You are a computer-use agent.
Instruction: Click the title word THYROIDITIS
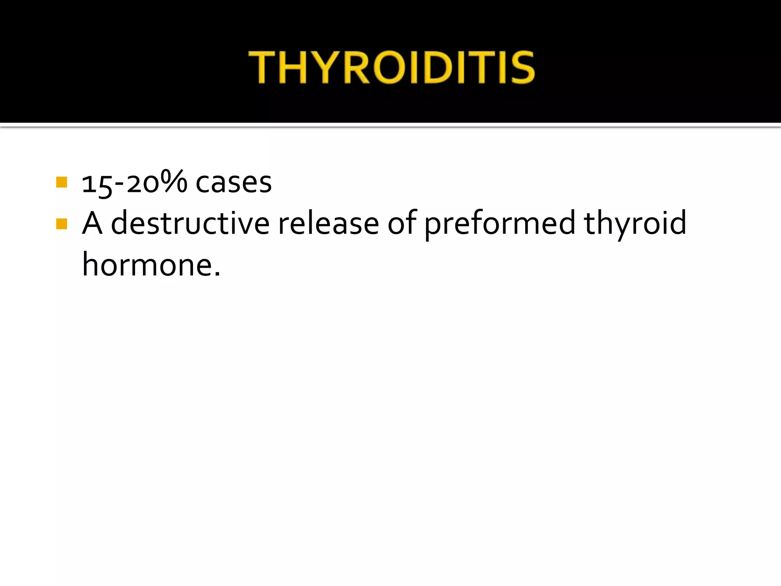391,68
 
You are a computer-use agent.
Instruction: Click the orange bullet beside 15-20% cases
61,182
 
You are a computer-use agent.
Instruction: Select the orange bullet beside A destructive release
61,224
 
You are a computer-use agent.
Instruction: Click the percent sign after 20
174,181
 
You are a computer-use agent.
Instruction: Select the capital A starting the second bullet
92,223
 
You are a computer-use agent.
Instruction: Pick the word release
328,223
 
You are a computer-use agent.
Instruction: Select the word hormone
147,265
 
